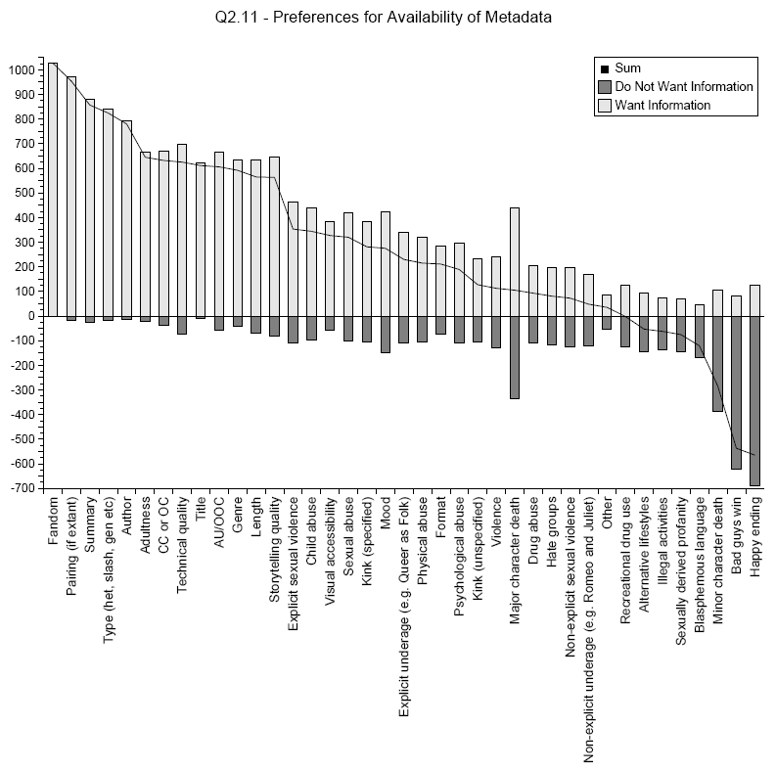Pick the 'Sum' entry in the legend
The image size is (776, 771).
click(626, 68)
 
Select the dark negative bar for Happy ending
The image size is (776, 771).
click(754, 400)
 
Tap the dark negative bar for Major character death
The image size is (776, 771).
click(514, 357)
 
